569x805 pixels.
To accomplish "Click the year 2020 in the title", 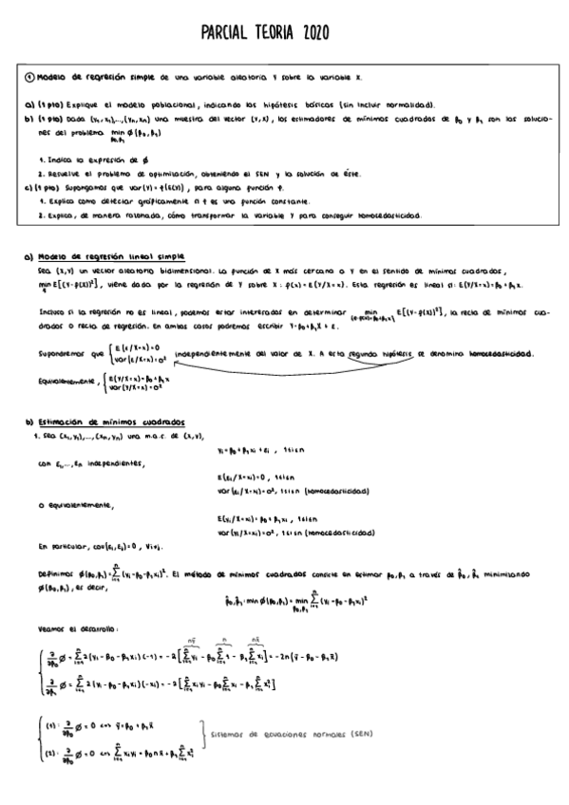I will (x=313, y=34).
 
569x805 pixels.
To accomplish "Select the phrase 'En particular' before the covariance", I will (x=62, y=547).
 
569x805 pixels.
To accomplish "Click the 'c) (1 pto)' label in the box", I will (x=41, y=188).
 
